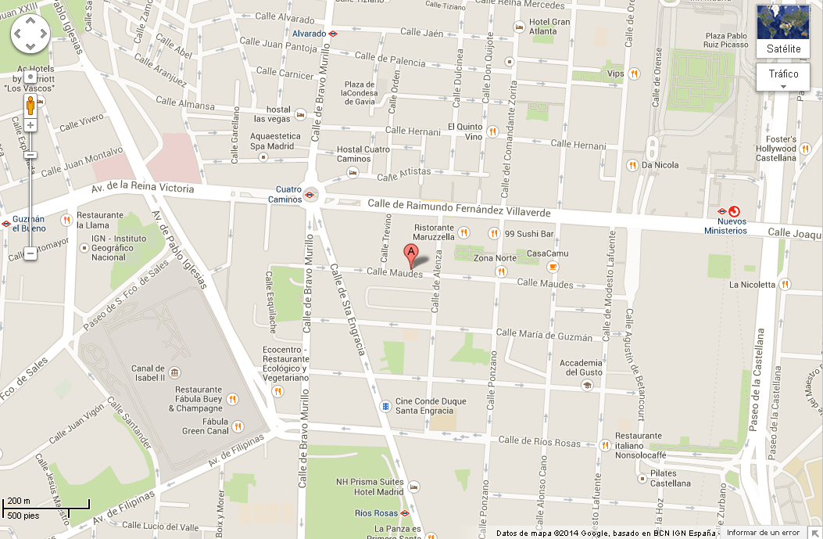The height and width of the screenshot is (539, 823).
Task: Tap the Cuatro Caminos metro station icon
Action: (311, 195)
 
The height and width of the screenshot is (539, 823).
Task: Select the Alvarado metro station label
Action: (309, 34)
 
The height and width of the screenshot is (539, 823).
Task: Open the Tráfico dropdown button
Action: (783, 77)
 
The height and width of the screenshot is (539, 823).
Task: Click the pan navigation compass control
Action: (30, 33)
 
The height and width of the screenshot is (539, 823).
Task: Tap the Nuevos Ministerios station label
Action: (725, 226)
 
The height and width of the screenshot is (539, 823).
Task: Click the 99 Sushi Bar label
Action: (529, 234)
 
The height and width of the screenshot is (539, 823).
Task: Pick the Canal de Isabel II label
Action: (148, 373)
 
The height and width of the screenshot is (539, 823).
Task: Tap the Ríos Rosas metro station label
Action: (376, 513)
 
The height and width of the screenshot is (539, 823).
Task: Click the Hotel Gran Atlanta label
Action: (549, 27)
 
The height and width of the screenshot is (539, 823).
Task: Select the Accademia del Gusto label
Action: (580, 368)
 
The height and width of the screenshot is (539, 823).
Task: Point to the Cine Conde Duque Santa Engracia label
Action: (431, 406)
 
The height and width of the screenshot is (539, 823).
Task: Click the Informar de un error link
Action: (763, 533)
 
